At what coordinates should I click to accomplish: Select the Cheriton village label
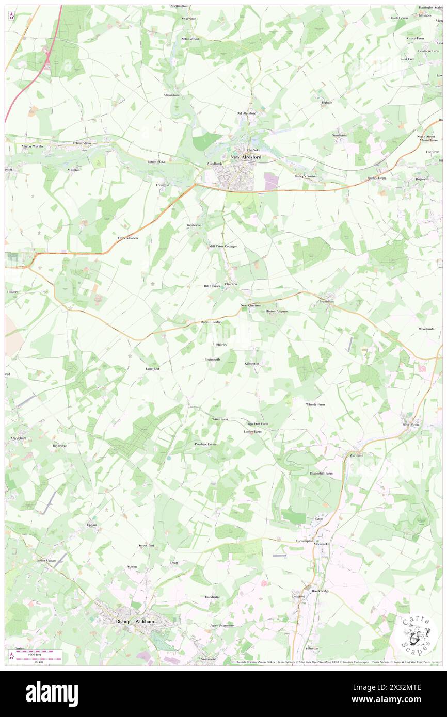tap(231, 284)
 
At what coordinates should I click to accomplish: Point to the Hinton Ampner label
tap(277, 312)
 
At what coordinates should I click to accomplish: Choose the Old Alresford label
tap(246, 113)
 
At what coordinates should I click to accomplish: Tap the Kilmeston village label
tap(251, 363)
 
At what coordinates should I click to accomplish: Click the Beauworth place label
tap(212, 359)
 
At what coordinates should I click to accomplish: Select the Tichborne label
tap(194, 225)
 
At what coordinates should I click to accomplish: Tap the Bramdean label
tap(326, 301)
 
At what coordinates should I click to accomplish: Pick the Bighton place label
tap(327, 103)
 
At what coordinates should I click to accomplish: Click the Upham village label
tap(91, 525)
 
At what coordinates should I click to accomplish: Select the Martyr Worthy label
tap(33, 146)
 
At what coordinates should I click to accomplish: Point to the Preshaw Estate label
tap(205, 444)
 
